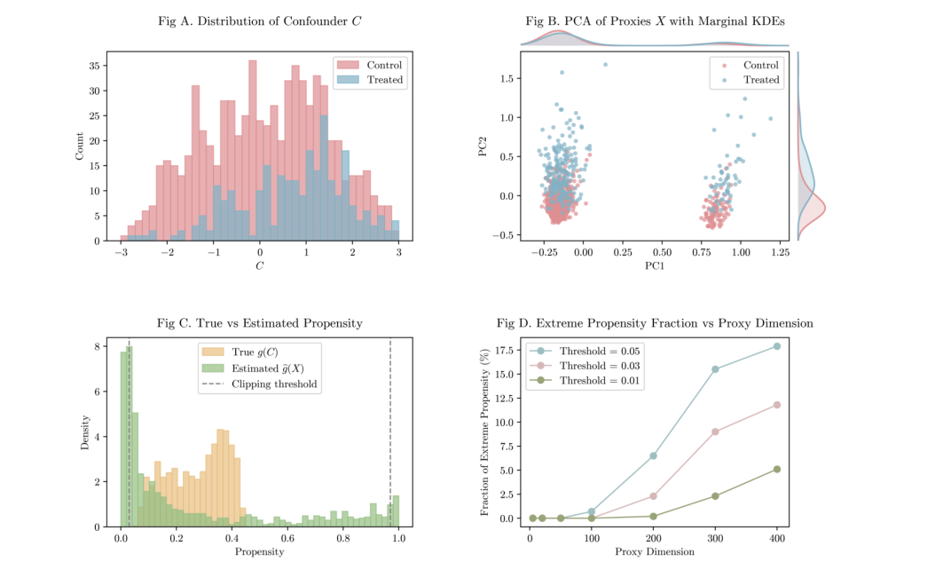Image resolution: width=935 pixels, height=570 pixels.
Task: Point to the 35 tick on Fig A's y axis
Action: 95,66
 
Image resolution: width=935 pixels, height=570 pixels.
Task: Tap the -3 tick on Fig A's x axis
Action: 121,252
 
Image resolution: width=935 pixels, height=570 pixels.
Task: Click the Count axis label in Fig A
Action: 80,146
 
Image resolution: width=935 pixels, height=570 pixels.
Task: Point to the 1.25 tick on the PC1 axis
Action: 780,253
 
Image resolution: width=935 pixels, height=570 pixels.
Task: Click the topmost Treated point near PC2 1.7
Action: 605,64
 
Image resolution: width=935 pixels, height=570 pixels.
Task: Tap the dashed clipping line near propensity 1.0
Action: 390,444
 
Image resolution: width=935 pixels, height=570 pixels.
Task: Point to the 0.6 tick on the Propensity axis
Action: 287,538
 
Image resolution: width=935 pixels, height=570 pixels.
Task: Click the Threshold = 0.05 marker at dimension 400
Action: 777,346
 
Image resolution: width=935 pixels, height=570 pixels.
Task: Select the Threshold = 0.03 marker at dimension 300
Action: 715,431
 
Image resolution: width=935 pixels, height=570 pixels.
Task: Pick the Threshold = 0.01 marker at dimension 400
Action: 777,469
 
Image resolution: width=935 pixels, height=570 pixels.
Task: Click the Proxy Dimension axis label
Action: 655,551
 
